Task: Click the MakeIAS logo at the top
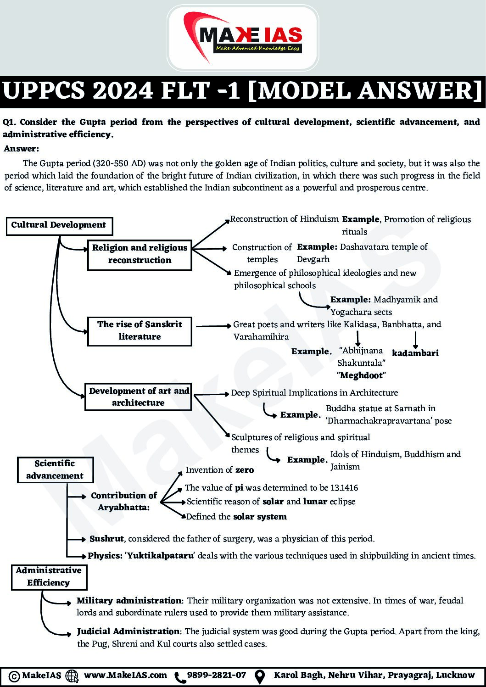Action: (243, 38)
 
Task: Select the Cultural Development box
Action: (59, 225)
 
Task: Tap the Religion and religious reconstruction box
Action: (140, 254)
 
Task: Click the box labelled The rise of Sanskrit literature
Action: (140, 330)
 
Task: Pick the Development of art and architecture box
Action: (138, 397)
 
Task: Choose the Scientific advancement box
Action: (55, 469)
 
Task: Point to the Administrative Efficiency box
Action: (49, 576)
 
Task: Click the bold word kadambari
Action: (415, 353)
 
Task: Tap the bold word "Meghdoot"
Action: (361, 375)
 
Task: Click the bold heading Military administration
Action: (129, 600)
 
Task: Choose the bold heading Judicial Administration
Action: (128, 631)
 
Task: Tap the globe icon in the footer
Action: (72, 676)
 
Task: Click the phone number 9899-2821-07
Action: (217, 675)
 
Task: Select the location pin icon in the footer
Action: (260, 676)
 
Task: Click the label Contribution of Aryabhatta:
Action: (123, 501)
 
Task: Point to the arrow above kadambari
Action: (415, 340)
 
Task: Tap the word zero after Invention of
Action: (244, 470)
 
